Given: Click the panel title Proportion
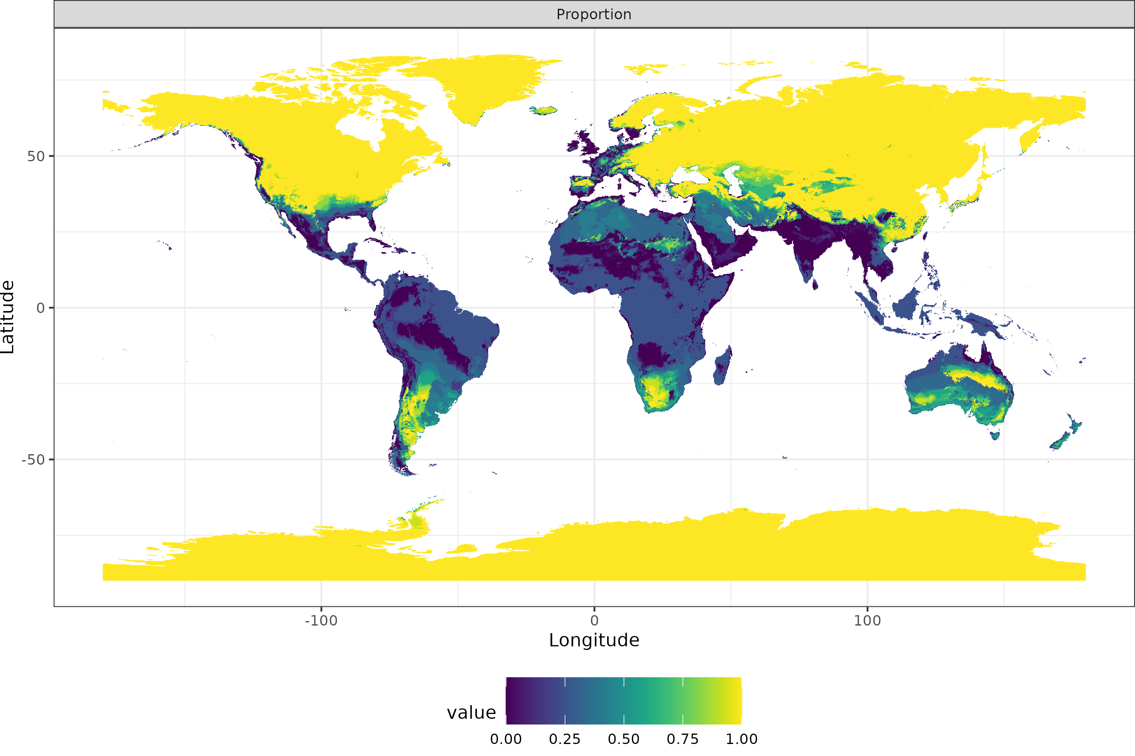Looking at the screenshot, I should click(594, 14).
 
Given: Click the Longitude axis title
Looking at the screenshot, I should click(594, 640).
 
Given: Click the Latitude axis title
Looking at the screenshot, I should click(8, 317).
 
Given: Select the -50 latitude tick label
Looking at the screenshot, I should click(33, 460).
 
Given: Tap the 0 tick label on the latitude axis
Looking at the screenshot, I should click(41, 308).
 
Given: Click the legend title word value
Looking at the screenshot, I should click(471, 713).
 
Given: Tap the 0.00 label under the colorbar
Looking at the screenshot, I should click(505, 739).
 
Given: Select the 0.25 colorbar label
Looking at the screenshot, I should click(564, 739).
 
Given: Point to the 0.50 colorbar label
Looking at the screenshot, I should click(623, 739).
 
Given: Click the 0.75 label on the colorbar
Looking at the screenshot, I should click(682, 739).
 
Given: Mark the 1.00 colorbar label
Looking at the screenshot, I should click(741, 739).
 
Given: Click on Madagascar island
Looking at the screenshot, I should click(722, 367).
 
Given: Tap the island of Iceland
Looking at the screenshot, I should click(543, 110).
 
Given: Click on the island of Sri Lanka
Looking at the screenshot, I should click(815, 285).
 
